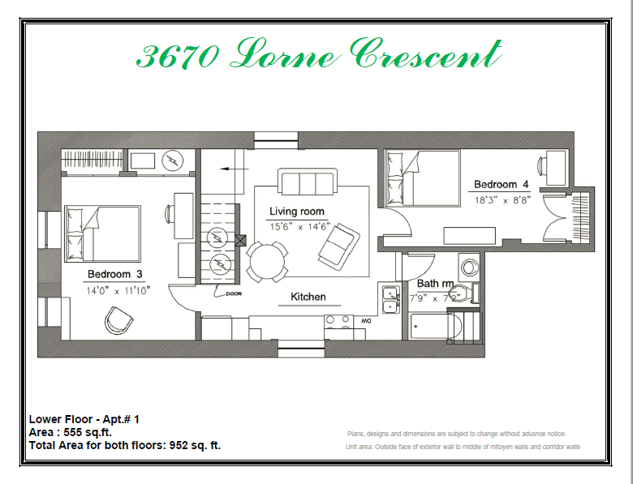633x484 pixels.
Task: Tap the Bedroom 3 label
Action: (115, 273)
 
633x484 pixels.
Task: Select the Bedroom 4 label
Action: (502, 185)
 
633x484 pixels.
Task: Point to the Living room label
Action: (297, 212)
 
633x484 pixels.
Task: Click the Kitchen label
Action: (308, 297)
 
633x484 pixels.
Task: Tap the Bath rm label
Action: (436, 284)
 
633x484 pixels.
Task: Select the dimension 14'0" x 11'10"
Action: (118, 289)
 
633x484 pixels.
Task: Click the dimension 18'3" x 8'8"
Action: (502, 200)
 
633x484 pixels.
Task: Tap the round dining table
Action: (267, 261)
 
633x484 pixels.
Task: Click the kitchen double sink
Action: (390, 299)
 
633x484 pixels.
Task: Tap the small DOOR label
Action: (234, 294)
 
